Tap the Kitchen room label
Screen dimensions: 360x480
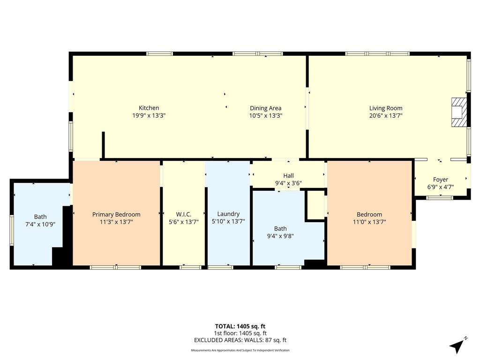pyautogui.click(x=149, y=108)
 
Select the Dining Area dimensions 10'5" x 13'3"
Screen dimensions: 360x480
pyautogui.click(x=265, y=115)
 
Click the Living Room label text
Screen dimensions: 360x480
pyautogui.click(x=386, y=108)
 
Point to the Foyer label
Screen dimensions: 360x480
pyautogui.click(x=440, y=180)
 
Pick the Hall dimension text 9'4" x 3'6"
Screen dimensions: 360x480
pyautogui.click(x=288, y=183)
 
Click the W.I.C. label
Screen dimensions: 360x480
pyautogui.click(x=183, y=214)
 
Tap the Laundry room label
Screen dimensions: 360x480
pyautogui.click(x=228, y=214)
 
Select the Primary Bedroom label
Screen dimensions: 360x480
pyautogui.click(x=116, y=214)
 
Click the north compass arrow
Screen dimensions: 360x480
pyautogui.click(x=457, y=346)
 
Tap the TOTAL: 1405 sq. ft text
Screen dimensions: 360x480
pyautogui.click(x=240, y=326)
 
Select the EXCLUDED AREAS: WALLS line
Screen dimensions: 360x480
pyautogui.click(x=240, y=340)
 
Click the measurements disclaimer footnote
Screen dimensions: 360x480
pyautogui.click(x=240, y=350)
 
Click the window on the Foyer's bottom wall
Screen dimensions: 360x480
pyautogui.click(x=440, y=197)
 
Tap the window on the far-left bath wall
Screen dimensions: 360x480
pyautogui.click(x=11, y=230)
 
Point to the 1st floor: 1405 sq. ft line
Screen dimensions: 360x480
pyautogui.click(x=240, y=333)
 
